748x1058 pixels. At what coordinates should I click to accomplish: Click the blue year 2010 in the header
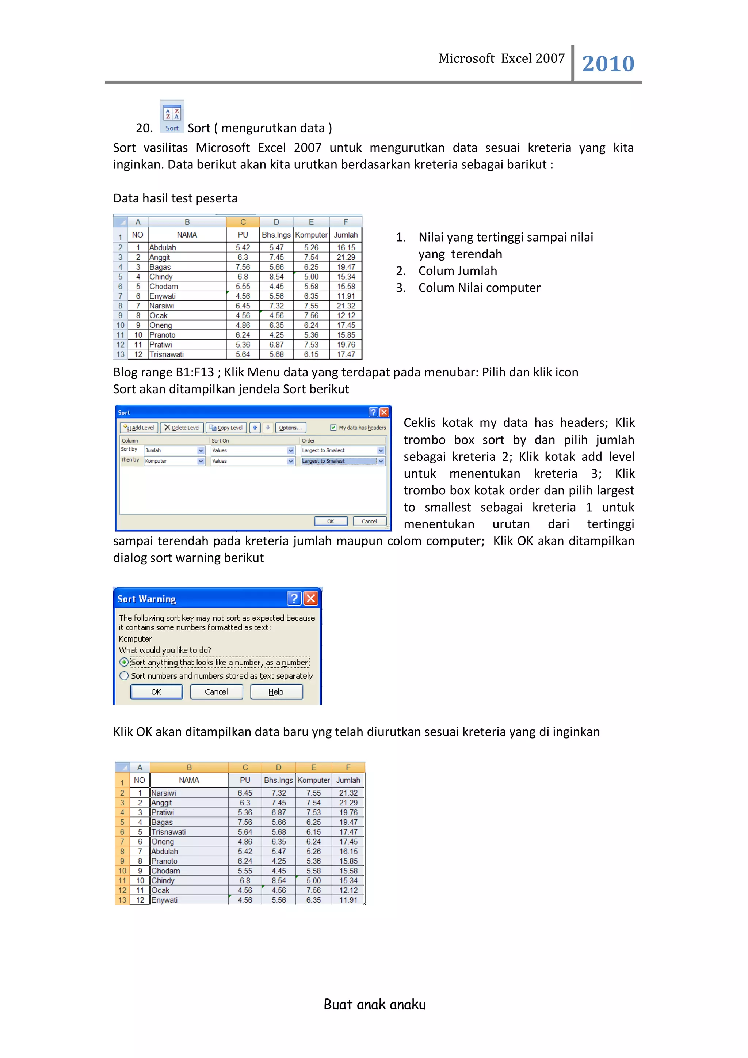click(x=608, y=64)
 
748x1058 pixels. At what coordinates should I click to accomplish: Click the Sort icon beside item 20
click(x=172, y=117)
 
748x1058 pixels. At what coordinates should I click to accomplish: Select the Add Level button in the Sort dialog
click(x=139, y=428)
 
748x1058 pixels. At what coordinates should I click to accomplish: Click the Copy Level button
click(x=226, y=428)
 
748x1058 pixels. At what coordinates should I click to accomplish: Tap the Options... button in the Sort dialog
click(x=290, y=428)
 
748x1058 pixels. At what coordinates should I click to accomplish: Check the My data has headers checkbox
click(x=333, y=428)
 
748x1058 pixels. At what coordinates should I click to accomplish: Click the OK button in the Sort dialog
click(x=331, y=521)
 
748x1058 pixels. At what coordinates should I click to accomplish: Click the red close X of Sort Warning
click(x=311, y=599)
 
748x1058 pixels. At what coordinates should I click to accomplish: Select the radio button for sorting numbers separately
click(x=124, y=676)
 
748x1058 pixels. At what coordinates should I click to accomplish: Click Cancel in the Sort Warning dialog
click(x=216, y=692)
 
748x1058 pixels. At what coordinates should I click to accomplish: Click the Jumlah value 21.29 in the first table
click(x=346, y=257)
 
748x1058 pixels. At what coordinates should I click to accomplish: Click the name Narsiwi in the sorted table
click(x=164, y=793)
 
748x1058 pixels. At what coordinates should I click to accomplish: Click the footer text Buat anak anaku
click(x=374, y=1004)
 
